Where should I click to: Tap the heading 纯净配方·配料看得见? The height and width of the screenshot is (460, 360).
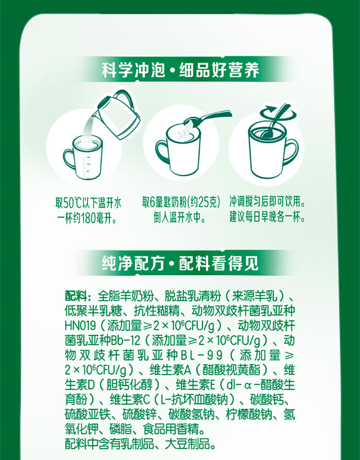coord(180,263)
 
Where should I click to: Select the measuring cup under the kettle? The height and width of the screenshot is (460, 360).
coord(84,157)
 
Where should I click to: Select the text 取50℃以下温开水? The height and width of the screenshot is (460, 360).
coord(88,203)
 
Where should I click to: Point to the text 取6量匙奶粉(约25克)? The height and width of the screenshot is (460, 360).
coord(181,203)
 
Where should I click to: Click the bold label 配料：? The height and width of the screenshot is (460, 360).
coord(78,296)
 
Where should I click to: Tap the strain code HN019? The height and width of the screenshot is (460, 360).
coord(80,326)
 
